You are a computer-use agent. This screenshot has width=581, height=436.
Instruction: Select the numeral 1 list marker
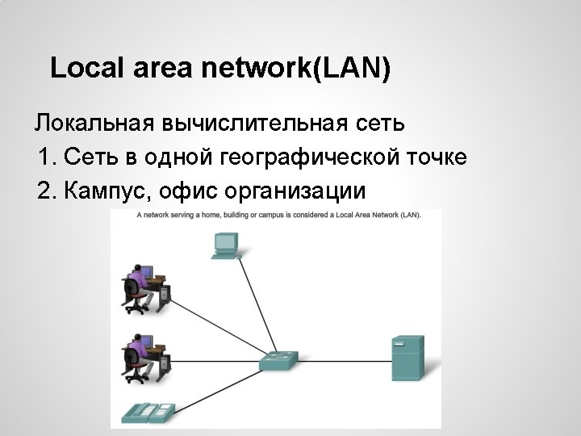[x=44, y=157]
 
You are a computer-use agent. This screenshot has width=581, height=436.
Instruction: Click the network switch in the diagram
[x=279, y=361]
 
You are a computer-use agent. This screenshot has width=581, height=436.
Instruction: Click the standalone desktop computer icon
[x=226, y=245]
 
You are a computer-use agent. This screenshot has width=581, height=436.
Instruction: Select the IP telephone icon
[x=148, y=413]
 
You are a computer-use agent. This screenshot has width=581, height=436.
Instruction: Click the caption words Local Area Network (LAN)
[x=379, y=216]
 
